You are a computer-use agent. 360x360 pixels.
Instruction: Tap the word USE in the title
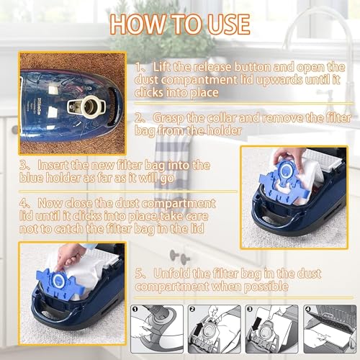tap(229, 24)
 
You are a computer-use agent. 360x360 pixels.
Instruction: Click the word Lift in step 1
tap(162, 67)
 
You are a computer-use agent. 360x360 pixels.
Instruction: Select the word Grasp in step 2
tap(168, 118)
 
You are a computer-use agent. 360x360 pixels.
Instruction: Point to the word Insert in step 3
tap(53, 165)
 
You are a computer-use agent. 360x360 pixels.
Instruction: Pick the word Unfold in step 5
tap(170, 274)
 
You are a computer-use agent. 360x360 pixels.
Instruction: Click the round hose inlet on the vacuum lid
tap(91, 107)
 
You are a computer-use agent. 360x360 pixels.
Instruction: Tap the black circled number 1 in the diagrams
tap(135, 309)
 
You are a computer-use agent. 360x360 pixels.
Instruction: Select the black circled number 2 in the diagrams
tap(192, 309)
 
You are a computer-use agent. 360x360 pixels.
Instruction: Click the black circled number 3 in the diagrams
tap(250, 309)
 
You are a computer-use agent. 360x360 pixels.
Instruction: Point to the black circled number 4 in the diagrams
tap(307, 309)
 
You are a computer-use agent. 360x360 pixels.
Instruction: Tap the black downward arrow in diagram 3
tap(256, 323)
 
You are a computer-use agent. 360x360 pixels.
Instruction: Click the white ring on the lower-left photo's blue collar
tap(58, 280)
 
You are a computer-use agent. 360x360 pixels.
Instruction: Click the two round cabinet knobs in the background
tap(179, 256)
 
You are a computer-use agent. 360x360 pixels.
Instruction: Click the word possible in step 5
tap(266, 287)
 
